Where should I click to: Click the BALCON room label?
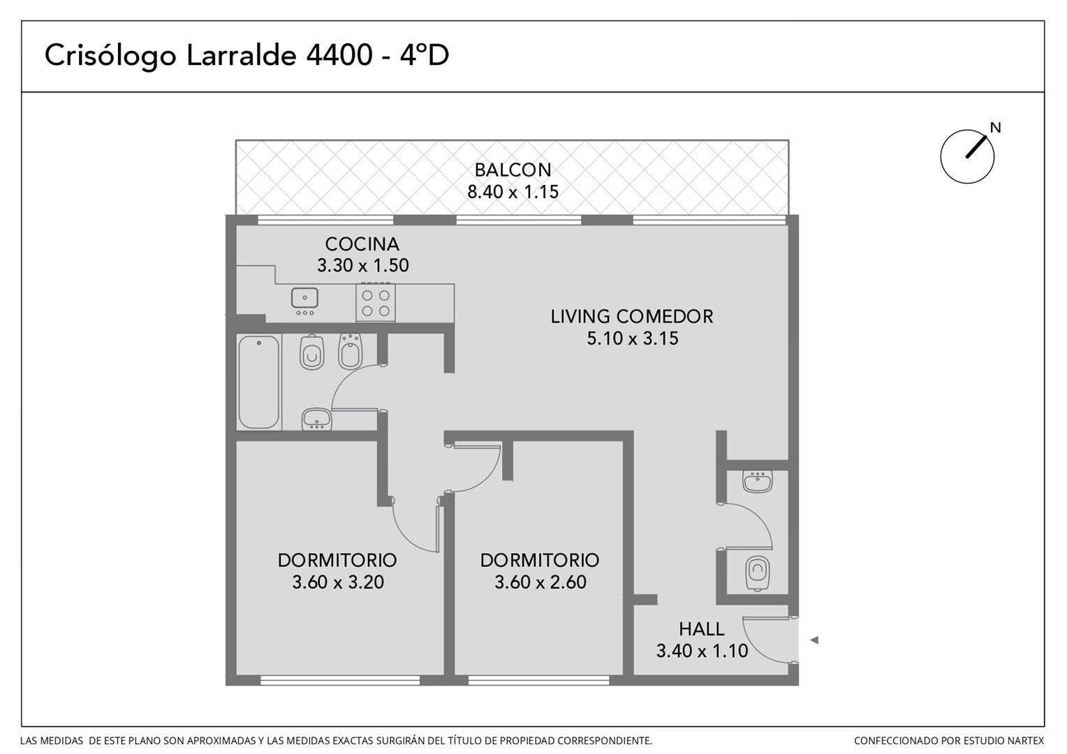tap(513, 170)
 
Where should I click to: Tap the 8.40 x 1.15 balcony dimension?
tap(513, 191)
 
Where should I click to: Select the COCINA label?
tap(362, 244)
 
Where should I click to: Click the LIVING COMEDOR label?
tap(632, 316)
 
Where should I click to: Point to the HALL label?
tap(702, 629)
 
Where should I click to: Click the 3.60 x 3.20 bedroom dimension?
tap(338, 582)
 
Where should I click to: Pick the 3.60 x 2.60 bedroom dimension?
tap(540, 582)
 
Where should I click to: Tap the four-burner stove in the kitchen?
tap(376, 303)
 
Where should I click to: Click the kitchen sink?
tap(305, 302)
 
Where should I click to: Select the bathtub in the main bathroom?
tap(258, 382)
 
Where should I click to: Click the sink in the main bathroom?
tap(316, 419)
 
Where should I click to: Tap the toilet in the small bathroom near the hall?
tap(758, 573)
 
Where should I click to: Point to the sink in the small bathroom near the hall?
tap(758, 482)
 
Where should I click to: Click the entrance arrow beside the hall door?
tap(814, 640)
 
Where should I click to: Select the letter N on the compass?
tap(995, 128)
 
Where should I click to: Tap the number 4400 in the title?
tap(339, 55)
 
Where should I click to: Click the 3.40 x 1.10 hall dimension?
tap(702, 651)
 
